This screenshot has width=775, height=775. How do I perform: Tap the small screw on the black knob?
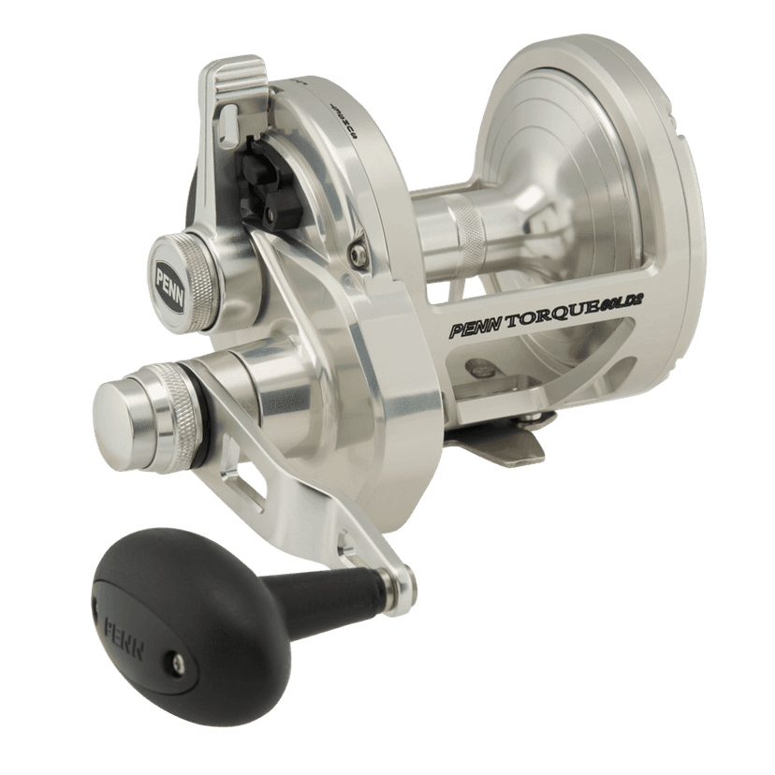coord(177,663)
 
